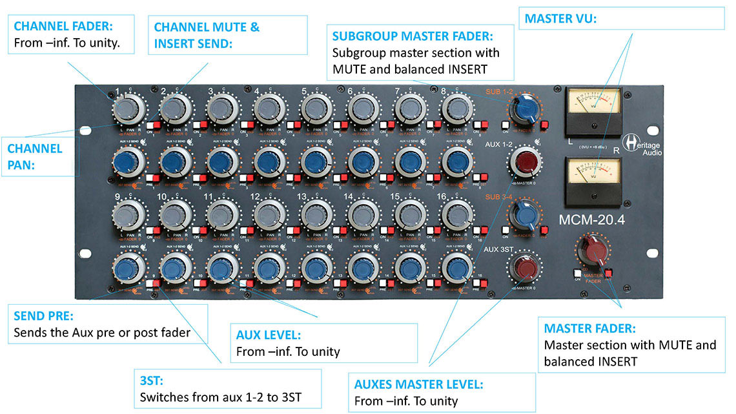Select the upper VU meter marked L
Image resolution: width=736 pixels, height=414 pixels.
coord(592,108)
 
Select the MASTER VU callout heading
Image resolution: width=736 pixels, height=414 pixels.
coord(560,19)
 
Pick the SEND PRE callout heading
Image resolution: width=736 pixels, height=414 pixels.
coord(44,317)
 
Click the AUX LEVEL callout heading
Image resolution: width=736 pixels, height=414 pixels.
coord(269,336)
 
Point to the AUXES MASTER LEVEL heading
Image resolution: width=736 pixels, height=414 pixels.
coord(418,385)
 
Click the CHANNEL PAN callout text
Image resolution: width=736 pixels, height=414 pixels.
coord(35,156)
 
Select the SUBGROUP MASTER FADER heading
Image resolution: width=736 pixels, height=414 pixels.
coord(413,36)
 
